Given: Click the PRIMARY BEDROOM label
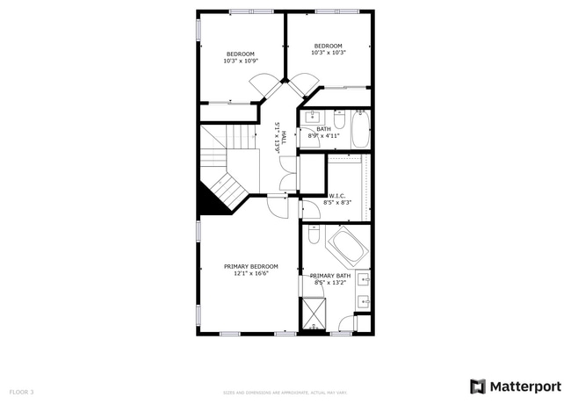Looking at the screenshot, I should (250, 266).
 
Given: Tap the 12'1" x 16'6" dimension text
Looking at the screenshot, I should (250, 273).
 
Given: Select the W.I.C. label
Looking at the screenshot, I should (336, 196).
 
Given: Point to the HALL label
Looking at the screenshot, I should (284, 136).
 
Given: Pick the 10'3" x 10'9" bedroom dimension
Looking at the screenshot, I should (240, 61).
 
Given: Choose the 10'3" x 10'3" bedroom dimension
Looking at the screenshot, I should (328, 53).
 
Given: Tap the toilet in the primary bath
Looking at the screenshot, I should (314, 234).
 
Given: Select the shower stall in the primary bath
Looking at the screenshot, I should (313, 314).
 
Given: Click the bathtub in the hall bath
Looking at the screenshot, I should (360, 129).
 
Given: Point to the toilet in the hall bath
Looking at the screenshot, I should (336, 117).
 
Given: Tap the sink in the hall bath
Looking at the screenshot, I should (312, 118).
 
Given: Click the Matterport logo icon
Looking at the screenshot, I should (478, 386).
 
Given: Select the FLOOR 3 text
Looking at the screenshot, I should (21, 391).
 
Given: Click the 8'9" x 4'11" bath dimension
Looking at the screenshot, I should (323, 136).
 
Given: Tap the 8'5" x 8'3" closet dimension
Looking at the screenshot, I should (336, 203).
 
